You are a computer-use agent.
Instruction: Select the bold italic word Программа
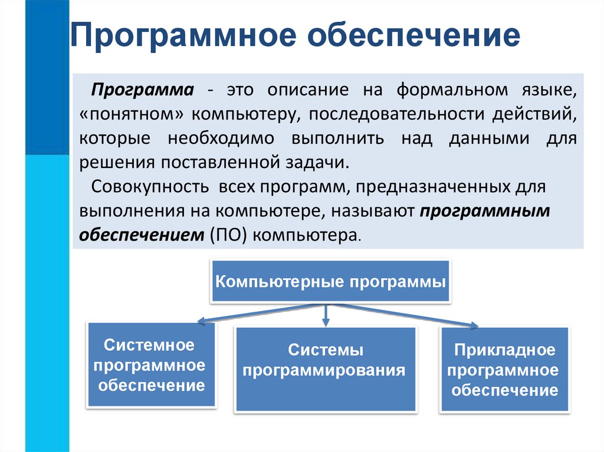142,91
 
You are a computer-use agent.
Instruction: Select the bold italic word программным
485,212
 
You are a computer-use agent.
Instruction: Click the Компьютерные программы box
330,281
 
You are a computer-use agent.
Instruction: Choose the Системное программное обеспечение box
152,365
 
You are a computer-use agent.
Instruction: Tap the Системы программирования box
326,369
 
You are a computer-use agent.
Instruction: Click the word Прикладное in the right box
504,351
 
